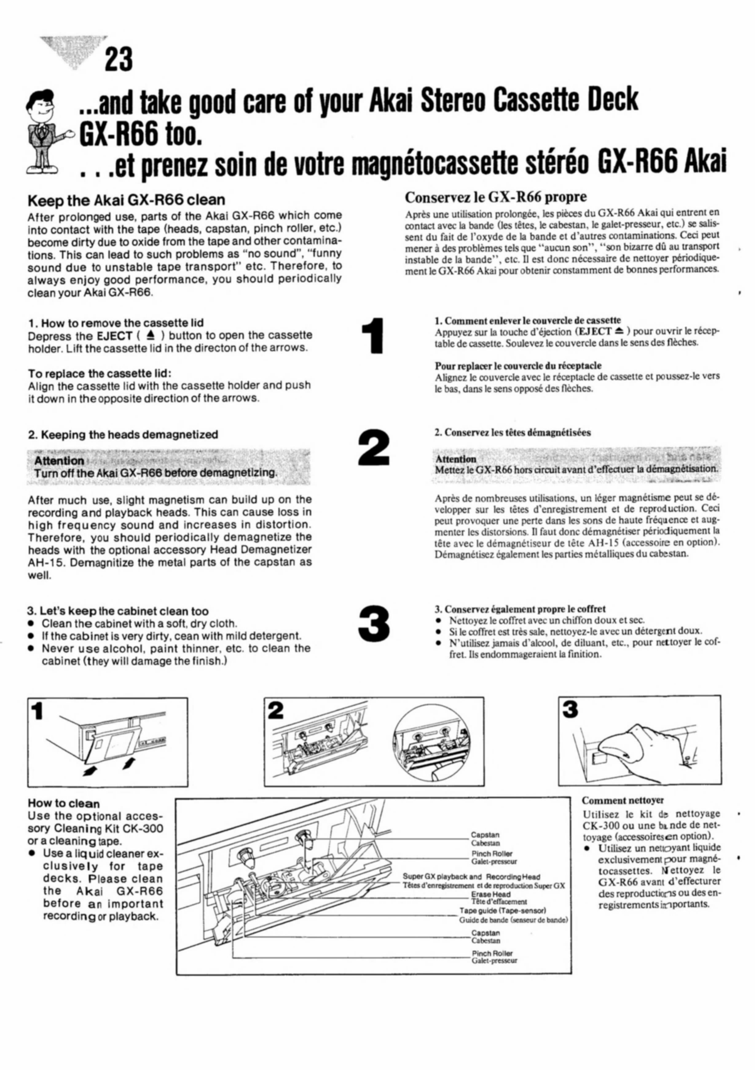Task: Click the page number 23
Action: [x=118, y=60]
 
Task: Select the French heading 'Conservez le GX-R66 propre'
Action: [x=496, y=197]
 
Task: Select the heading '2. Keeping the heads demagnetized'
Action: [x=123, y=435]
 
